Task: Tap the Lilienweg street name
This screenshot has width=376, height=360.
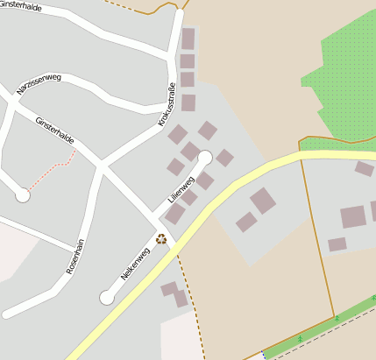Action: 180,184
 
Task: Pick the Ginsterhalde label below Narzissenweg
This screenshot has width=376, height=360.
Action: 54,131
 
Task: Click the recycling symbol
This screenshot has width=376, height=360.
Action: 161,238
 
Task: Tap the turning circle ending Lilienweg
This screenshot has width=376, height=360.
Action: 205,158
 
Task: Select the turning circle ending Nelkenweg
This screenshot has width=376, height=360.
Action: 107,298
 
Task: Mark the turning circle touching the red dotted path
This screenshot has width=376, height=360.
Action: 23,195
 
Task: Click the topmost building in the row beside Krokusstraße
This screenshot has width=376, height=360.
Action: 188,39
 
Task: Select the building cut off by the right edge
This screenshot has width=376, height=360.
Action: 372,210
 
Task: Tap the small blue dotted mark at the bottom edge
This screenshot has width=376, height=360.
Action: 262,355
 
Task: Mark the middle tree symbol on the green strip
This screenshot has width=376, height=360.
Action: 337,319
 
